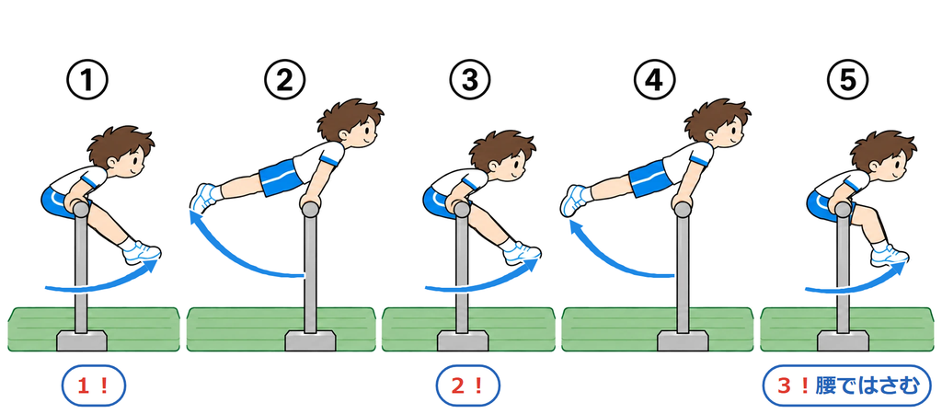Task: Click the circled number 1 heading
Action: coord(87,80)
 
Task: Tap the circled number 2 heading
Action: coord(285,80)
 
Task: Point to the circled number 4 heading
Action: coord(655,80)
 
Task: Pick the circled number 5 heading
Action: coord(847,80)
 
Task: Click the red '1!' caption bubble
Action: coord(93,385)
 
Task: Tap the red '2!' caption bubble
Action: coord(467,385)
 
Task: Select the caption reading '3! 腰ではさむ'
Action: coord(847,385)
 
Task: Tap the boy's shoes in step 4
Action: coord(575,200)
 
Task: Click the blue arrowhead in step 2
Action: coord(196,215)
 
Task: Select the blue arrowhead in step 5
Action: coord(900,268)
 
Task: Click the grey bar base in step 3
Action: coord(462,340)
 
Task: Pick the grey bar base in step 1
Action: coord(82,340)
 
